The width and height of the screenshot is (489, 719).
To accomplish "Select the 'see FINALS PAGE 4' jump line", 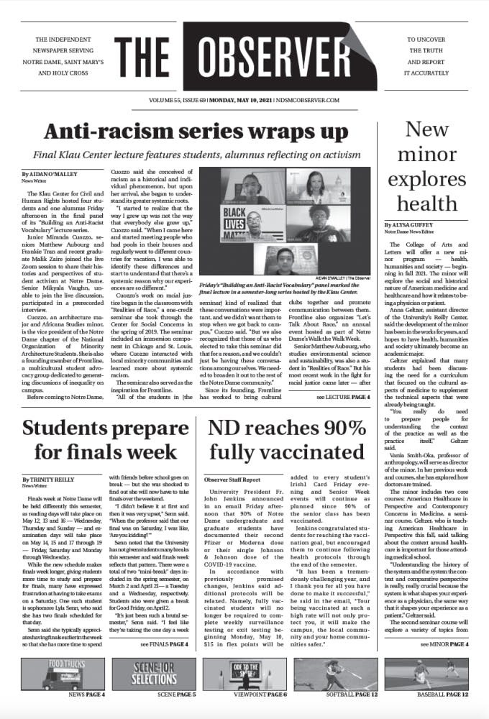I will point(163,645).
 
